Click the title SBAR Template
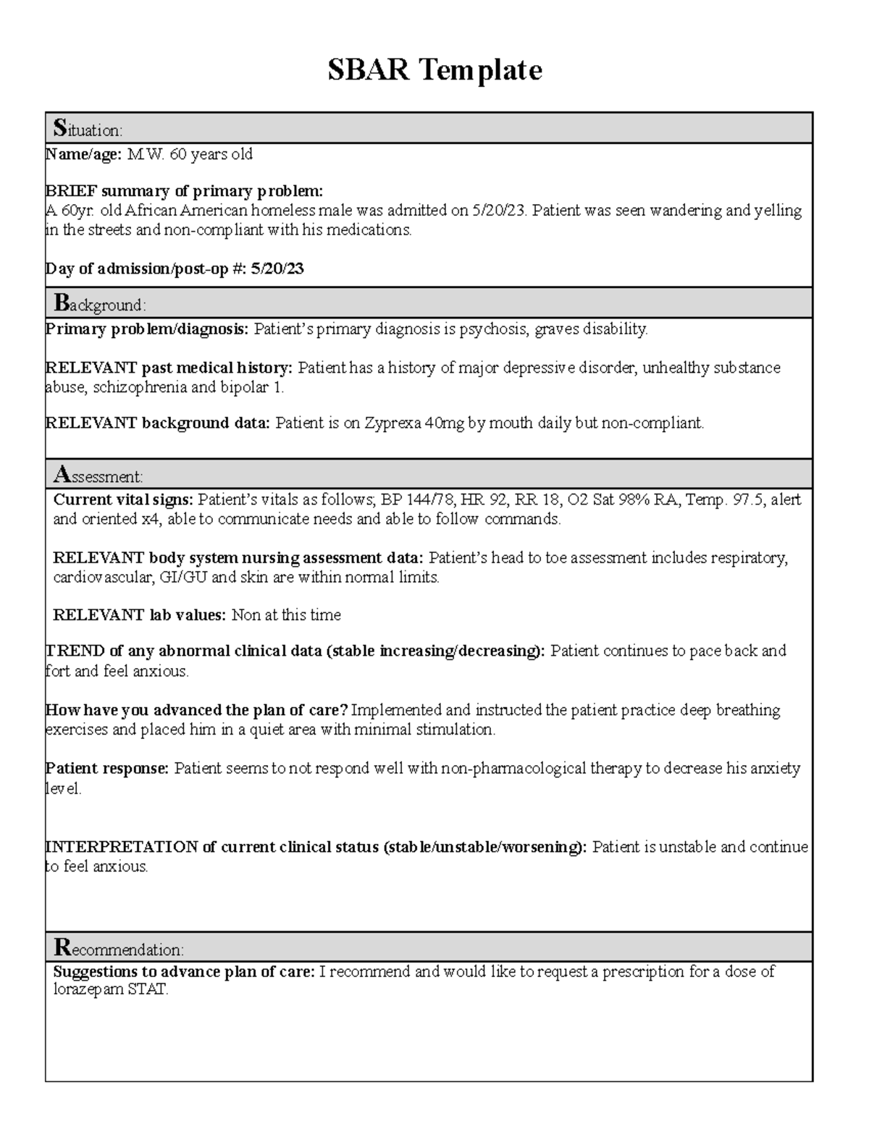(434, 70)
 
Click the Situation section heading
(88, 130)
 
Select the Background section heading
(100, 304)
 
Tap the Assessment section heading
(98, 476)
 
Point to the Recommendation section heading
(119, 948)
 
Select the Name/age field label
(84, 154)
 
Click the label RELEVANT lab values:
(140, 615)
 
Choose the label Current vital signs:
(124, 500)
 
